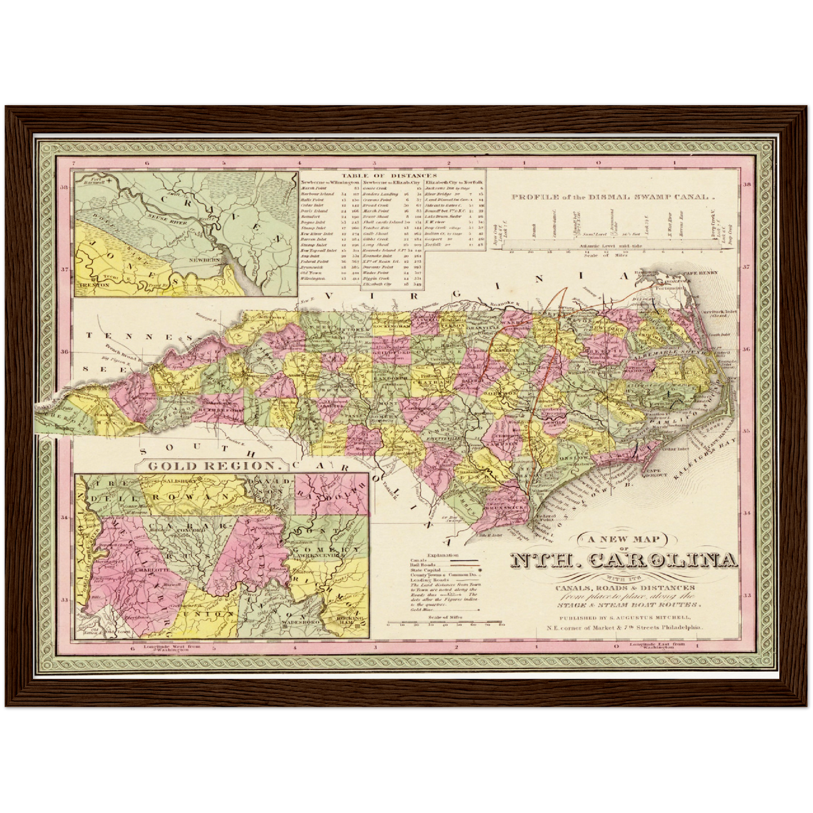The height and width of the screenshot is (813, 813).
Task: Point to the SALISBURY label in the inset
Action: click(179, 481)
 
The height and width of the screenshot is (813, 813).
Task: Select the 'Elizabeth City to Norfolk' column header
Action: click(455, 183)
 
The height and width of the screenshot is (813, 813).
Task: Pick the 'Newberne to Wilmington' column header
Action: click(330, 183)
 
